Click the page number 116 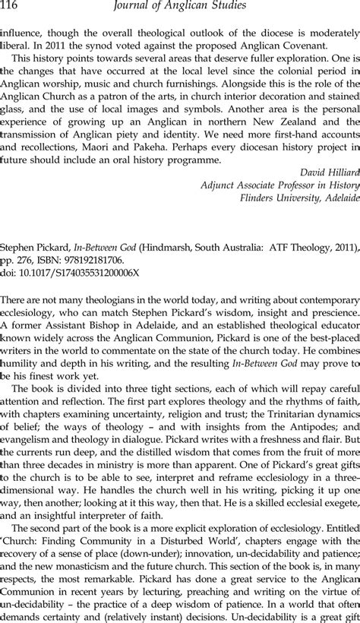(12, 8)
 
